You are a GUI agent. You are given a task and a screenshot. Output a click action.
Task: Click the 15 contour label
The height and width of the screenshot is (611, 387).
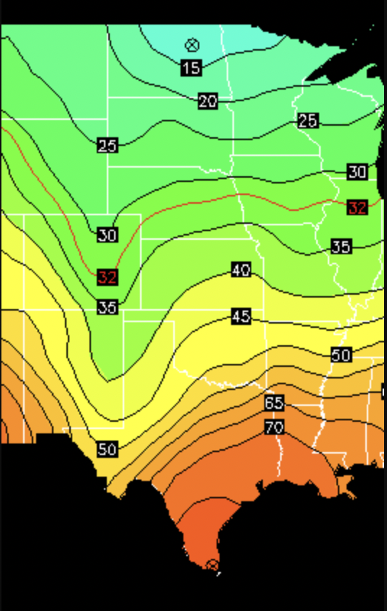(191, 69)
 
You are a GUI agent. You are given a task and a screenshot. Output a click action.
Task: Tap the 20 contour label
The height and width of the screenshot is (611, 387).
(208, 102)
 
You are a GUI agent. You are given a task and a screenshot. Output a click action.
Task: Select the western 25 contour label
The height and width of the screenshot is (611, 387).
(107, 146)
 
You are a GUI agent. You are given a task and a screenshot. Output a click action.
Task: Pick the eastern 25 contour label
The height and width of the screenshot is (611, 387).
(308, 121)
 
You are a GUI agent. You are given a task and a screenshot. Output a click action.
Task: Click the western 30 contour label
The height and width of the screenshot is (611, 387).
(107, 235)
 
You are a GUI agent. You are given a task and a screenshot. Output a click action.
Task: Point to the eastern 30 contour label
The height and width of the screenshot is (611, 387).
(357, 172)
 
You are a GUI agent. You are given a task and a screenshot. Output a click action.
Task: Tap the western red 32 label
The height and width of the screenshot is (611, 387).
(107, 277)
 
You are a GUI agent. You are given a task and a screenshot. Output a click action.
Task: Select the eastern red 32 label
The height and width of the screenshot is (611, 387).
(357, 208)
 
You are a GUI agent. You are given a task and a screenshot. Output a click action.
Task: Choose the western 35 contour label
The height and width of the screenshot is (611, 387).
(107, 308)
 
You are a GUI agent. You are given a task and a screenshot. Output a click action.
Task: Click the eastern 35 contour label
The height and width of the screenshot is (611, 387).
(342, 247)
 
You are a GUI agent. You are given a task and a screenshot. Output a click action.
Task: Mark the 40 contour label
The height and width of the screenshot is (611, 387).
(241, 270)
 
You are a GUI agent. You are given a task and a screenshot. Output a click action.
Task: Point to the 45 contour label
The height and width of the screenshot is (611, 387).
(241, 316)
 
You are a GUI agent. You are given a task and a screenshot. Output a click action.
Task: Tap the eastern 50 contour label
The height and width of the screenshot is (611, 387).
(342, 355)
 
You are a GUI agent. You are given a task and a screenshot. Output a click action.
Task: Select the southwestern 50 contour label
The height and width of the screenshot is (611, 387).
(107, 449)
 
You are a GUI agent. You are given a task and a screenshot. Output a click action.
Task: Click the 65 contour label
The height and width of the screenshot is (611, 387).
(274, 403)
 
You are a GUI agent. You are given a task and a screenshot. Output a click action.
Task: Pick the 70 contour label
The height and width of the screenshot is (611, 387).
(274, 428)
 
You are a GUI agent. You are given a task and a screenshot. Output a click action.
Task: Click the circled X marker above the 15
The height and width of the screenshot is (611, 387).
(191, 45)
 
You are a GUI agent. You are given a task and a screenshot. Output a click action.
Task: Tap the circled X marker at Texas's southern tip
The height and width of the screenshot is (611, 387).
(212, 565)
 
